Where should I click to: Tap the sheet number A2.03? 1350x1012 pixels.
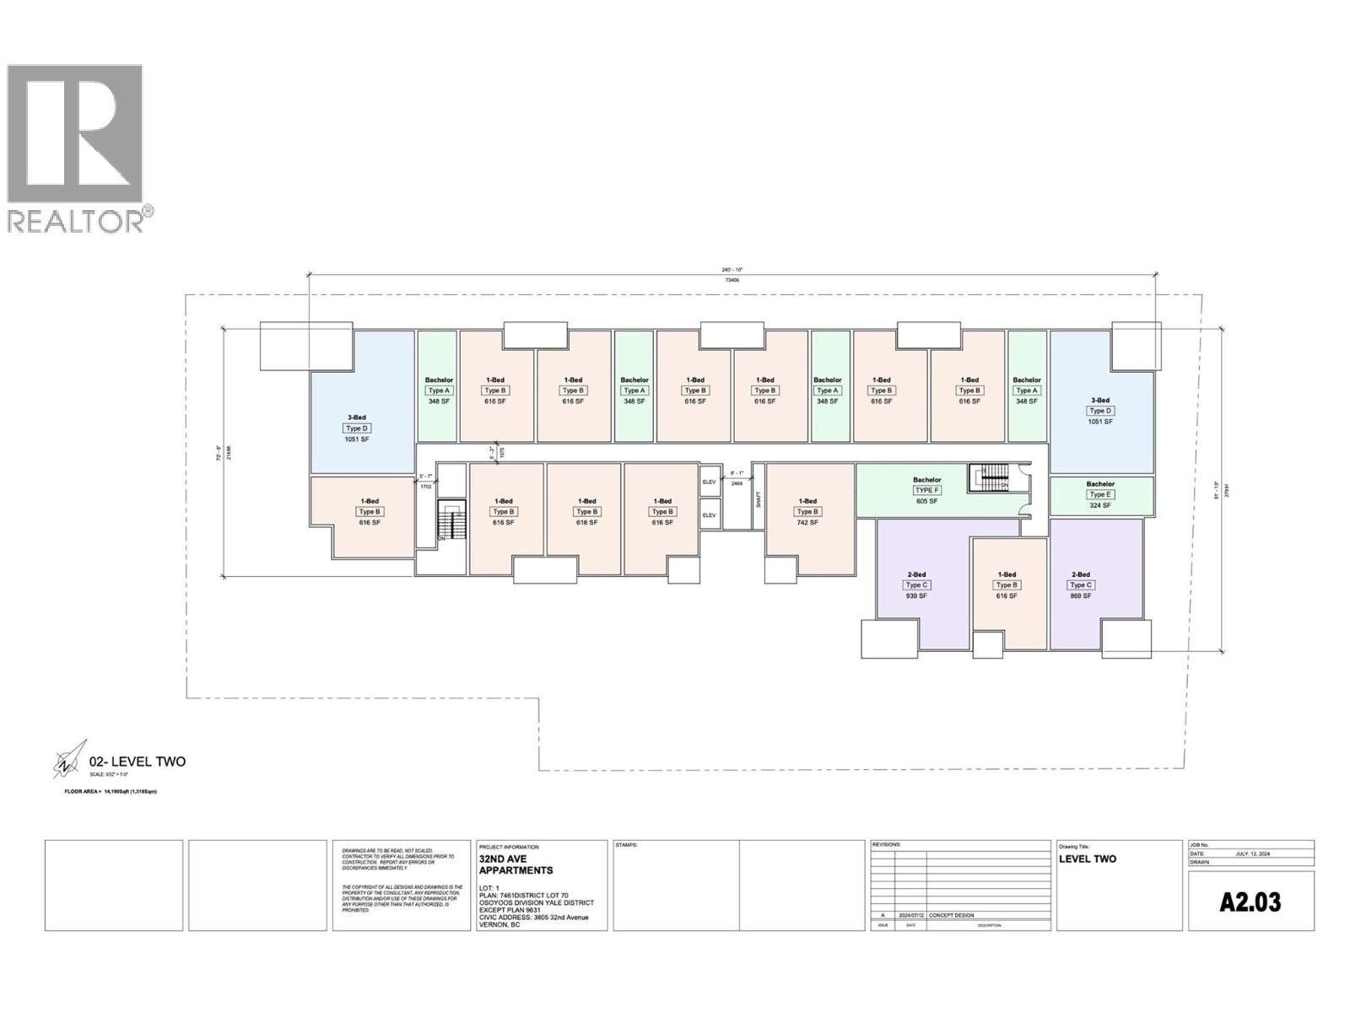(1250, 902)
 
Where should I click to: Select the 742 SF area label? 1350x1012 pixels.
(807, 523)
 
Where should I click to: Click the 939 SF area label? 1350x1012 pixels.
(916, 596)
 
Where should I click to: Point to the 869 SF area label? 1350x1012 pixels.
(1081, 596)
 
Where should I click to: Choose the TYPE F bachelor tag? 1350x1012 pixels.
(926, 491)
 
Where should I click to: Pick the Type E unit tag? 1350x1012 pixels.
(1100, 495)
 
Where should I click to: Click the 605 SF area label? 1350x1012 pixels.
(926, 502)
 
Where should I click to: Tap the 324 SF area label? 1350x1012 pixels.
(1100, 506)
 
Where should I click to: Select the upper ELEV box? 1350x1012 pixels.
(710, 482)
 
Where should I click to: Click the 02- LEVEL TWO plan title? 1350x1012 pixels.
(138, 762)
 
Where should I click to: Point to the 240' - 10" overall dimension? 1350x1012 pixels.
(732, 271)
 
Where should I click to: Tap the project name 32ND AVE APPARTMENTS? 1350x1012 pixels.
(516, 864)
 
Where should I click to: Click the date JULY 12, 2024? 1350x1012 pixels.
(1251, 853)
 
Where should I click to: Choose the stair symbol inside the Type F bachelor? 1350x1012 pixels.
(987, 478)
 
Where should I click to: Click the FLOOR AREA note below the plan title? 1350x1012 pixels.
(111, 792)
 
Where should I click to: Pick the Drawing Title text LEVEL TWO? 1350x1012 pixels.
(1088, 859)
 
